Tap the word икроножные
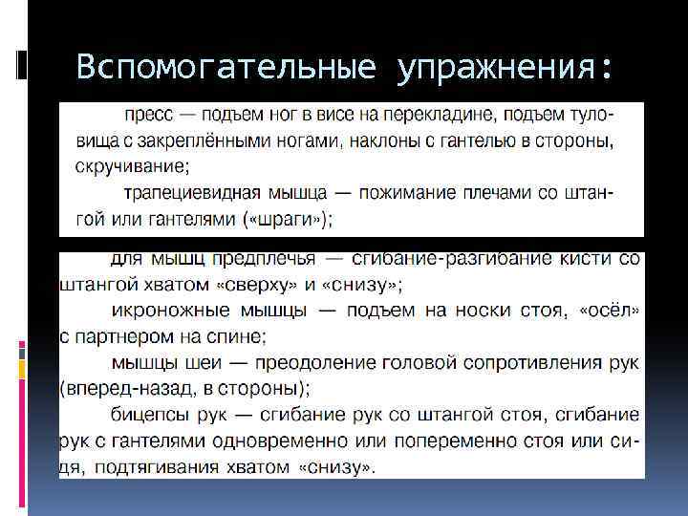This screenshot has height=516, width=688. pyautogui.click(x=165, y=310)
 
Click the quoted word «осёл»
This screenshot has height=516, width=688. pyautogui.click(x=609, y=310)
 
